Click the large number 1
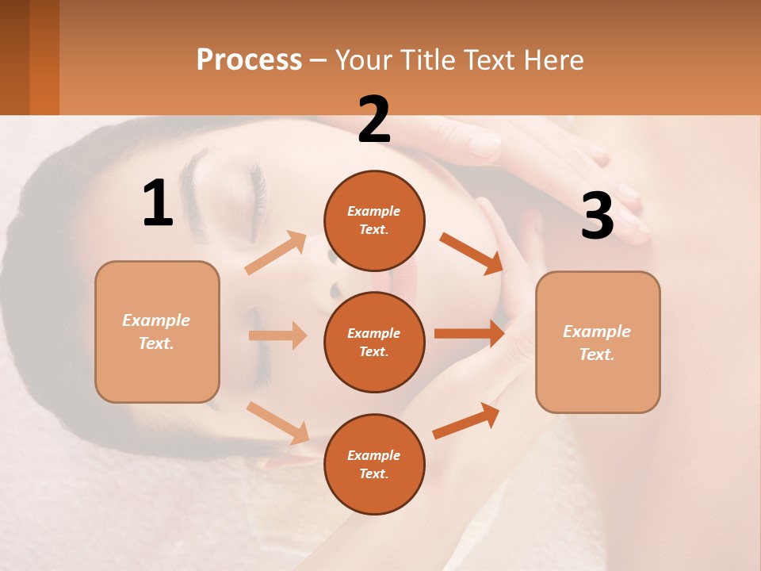pyautogui.click(x=158, y=204)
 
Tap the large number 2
pyautogui.click(x=374, y=120)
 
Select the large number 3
pyautogui.click(x=597, y=217)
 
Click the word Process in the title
pyautogui.click(x=249, y=59)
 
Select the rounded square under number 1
pyautogui.click(x=157, y=331)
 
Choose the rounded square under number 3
pyautogui.click(x=598, y=342)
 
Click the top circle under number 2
pyautogui.click(x=374, y=220)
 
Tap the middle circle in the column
pyautogui.click(x=374, y=342)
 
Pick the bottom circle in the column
pyautogui.click(x=374, y=464)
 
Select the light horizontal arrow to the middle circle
pyautogui.click(x=277, y=335)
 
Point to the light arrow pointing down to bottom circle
pyautogui.click(x=278, y=423)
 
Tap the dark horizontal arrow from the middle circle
pyautogui.click(x=469, y=334)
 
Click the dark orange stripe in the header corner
pyautogui.click(x=44, y=57)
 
